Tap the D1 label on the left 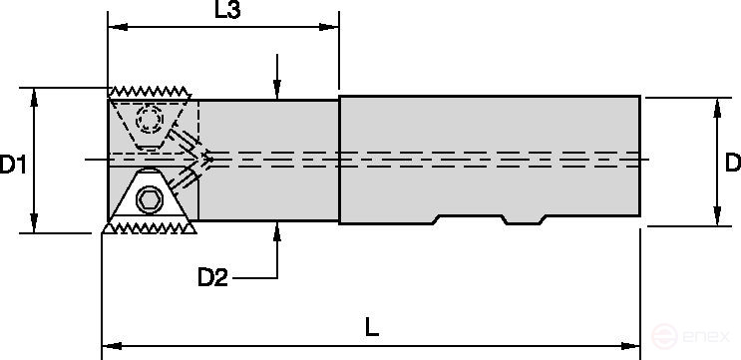click(13, 165)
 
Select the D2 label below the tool click(212, 278)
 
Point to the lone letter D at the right click(732, 162)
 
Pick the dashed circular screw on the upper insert click(152, 121)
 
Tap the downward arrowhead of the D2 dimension click(278, 90)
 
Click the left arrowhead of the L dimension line click(110, 345)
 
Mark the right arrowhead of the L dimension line click(634, 345)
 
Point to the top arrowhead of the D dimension click(714, 104)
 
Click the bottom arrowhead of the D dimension click(714, 218)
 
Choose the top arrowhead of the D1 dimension click(36, 95)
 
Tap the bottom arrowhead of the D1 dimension click(36, 225)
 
